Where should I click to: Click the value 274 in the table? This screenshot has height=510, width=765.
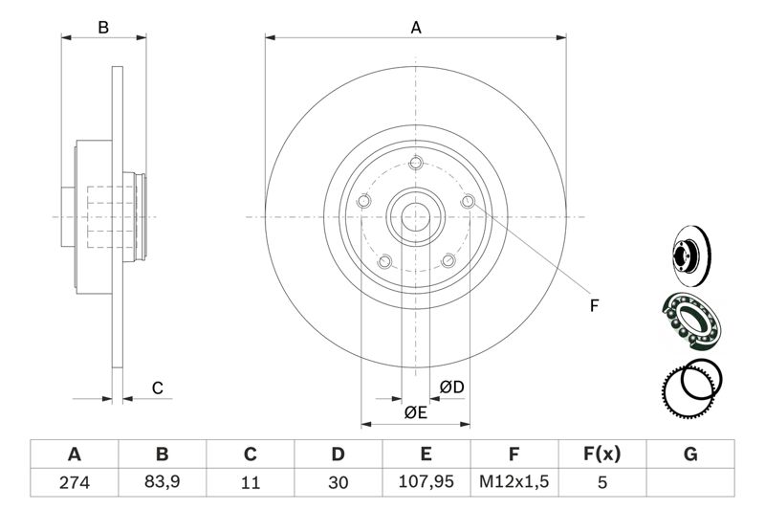point(74,483)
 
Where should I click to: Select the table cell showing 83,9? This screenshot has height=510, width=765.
point(162,483)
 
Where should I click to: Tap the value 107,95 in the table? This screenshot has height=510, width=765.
point(426,483)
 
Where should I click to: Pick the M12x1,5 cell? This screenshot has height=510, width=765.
point(514,483)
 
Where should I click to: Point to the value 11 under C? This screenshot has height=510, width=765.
point(251,483)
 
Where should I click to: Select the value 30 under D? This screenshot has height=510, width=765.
point(339,483)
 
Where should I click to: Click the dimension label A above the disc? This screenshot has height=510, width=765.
point(416,28)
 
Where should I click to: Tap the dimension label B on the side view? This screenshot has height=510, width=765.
point(103,28)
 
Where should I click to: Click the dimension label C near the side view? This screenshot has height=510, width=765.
point(158,388)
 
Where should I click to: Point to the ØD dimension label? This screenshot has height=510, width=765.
point(451,388)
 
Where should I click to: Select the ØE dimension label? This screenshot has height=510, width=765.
point(415,412)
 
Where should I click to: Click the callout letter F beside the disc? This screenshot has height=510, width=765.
point(593,306)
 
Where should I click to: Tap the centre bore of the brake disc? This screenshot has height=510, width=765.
point(416,217)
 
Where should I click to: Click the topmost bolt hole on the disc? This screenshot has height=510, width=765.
point(416,163)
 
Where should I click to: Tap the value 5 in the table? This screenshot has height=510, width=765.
point(602,483)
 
